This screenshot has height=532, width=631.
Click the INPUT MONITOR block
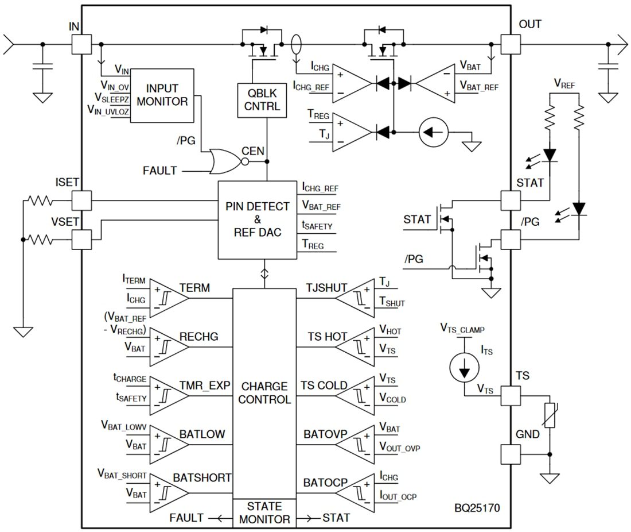click(166, 95)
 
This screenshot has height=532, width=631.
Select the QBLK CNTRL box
click(262, 100)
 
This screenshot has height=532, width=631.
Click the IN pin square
click(81, 44)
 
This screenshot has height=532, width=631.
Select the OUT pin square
click(511, 44)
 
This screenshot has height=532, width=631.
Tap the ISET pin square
click(81, 201)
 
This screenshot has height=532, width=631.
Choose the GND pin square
click(511, 454)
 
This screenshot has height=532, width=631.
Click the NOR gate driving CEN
click(226, 161)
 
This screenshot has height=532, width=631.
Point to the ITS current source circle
click(462, 367)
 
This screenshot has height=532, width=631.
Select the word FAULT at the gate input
click(160, 170)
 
